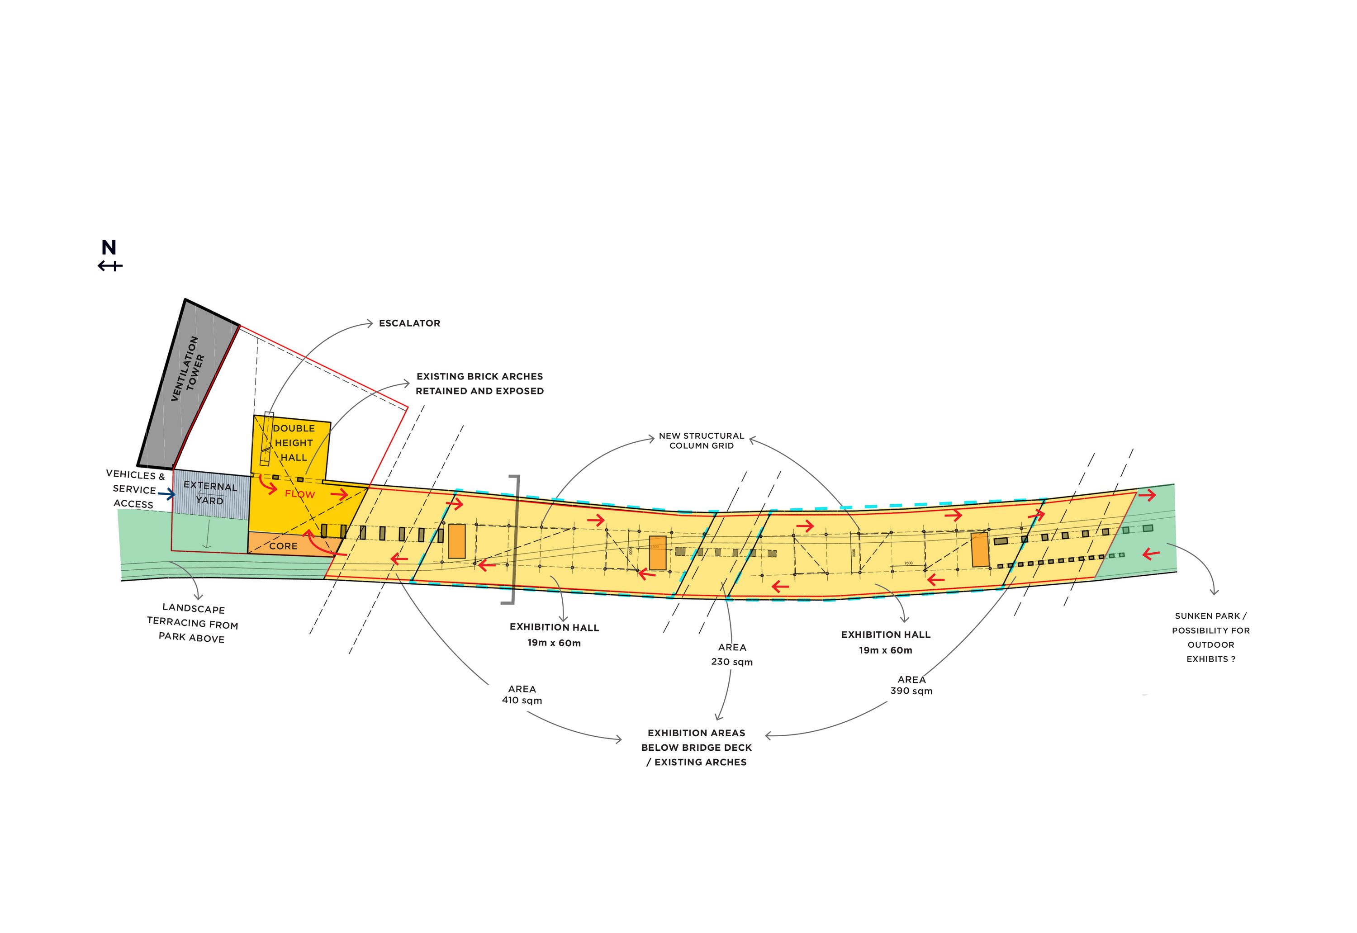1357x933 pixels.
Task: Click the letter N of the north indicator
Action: click(109, 248)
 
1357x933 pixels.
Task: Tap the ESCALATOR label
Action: click(409, 323)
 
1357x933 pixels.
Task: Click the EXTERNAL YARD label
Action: click(210, 493)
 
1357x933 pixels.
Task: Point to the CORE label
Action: click(284, 546)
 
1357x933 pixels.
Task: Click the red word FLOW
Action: click(299, 494)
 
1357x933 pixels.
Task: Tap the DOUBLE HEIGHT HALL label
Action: click(294, 443)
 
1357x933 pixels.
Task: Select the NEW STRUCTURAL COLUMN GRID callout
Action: click(701, 441)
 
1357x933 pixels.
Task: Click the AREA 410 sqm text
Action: click(522, 695)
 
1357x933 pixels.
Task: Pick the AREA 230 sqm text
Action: click(732, 655)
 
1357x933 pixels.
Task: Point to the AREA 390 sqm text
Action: click(911, 685)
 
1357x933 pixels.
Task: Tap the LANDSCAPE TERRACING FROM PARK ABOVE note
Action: click(192, 624)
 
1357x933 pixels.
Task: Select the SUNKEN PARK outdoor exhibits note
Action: click(1210, 637)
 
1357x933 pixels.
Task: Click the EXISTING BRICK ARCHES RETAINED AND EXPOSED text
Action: click(479, 384)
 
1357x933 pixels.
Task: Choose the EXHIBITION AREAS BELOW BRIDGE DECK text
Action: click(696, 748)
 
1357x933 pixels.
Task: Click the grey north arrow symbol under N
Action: click(110, 266)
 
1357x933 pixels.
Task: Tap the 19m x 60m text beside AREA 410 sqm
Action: click(554, 643)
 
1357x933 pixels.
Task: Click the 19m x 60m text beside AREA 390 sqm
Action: click(885, 650)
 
